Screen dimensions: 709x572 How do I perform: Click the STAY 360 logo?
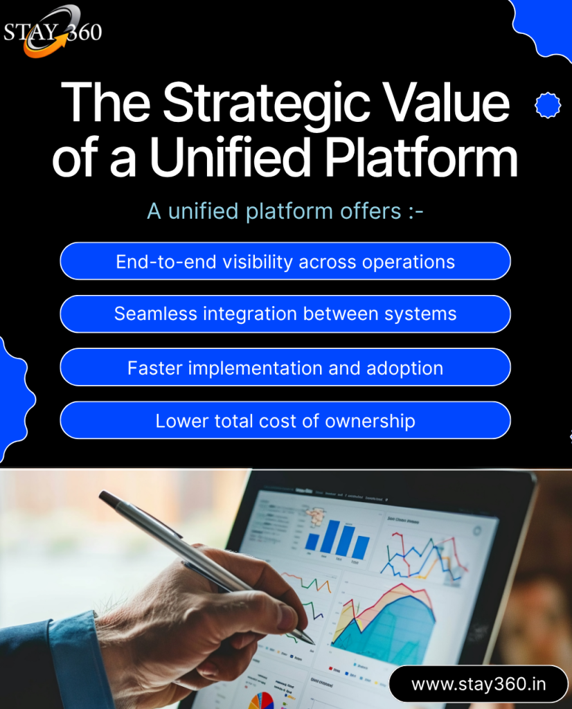tap(53, 32)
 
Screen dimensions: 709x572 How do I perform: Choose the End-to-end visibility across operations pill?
tap(285, 262)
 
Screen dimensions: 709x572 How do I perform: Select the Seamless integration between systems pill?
tap(285, 314)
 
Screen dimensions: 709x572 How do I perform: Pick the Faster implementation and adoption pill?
tap(285, 368)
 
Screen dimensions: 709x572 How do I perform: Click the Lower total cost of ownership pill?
tap(285, 420)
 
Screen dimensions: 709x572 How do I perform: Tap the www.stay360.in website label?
tap(479, 684)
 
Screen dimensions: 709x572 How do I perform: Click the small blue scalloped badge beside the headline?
tap(548, 105)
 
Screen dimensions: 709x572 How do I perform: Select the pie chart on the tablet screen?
tap(261, 700)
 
